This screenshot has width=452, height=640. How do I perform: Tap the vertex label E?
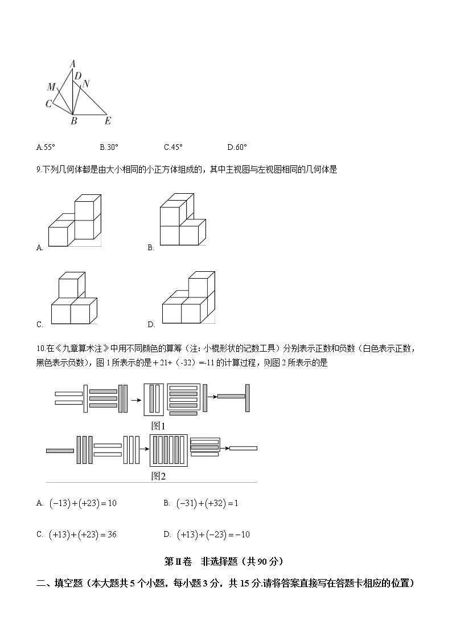pos(108,121)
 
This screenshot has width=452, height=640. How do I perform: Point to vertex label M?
pos(51,87)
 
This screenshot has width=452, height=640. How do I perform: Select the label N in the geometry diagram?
pos(86,83)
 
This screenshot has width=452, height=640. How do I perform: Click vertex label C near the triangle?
pos(48,104)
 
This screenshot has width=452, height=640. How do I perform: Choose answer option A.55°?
pos(46,147)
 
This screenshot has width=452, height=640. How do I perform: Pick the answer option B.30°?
pos(109,147)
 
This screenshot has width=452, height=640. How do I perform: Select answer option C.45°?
pos(173,147)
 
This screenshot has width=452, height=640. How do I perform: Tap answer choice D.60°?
pos(237,147)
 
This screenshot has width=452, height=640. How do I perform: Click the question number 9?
pos(38,169)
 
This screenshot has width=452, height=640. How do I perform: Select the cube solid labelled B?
pos(183,220)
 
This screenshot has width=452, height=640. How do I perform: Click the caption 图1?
pos(158,426)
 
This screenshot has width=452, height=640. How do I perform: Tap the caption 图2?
pos(158,476)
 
